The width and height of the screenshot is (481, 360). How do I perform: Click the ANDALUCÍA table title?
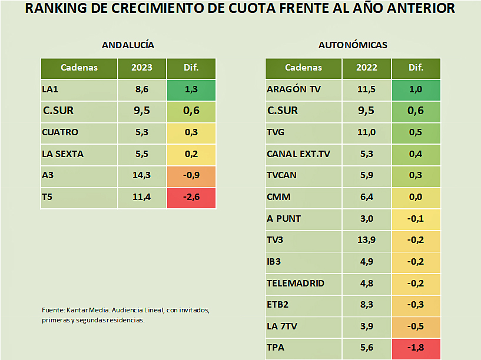128,45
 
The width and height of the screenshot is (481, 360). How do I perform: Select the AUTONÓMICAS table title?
353,45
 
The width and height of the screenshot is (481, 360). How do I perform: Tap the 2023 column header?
142,68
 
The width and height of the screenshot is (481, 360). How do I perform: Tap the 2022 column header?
366,68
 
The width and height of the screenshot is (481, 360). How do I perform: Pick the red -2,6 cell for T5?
191,197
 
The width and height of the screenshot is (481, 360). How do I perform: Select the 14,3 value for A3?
142,175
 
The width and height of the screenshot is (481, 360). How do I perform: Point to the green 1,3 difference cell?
191,89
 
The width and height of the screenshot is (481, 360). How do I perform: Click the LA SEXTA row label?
63,154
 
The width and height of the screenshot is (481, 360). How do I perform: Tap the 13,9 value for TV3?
366,240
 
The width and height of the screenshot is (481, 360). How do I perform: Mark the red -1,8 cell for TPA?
416,348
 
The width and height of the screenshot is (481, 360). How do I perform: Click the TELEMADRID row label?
296,283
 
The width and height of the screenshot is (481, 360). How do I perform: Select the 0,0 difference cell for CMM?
416,197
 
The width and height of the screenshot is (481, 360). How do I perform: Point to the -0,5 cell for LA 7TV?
416,326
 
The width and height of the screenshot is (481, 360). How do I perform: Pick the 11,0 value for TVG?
366,132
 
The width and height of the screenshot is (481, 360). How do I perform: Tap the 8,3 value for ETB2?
366,305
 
